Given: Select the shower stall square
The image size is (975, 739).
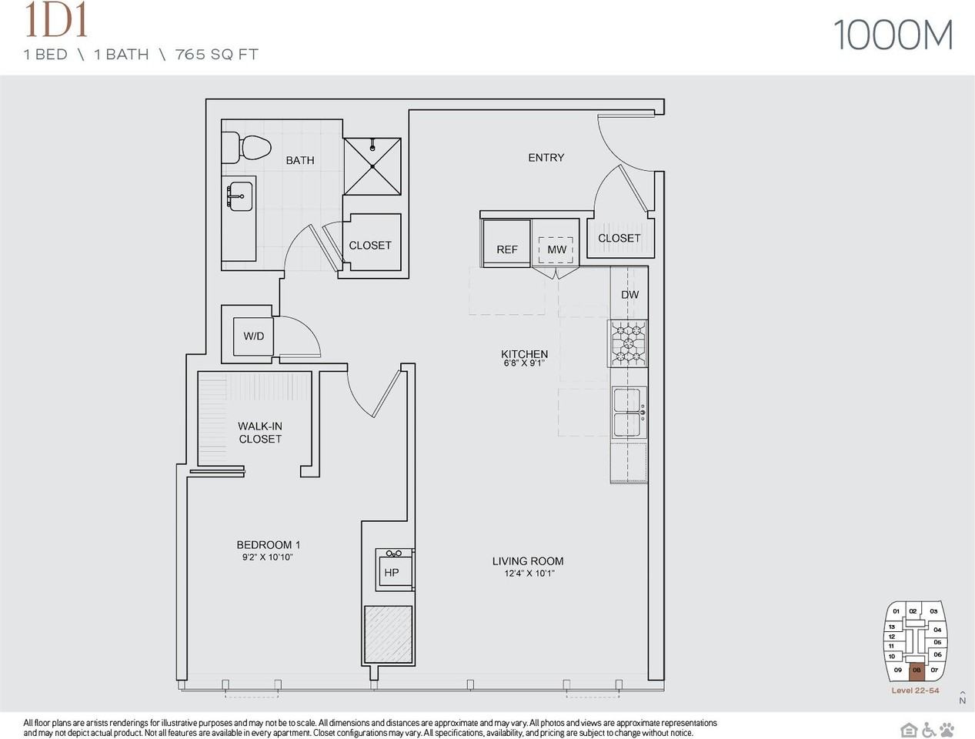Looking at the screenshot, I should pos(372,166).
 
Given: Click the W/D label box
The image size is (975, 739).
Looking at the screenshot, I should pos(254,336).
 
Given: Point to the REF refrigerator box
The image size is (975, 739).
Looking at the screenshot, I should pos(507,243).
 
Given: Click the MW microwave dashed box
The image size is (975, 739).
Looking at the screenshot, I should pos(556,249).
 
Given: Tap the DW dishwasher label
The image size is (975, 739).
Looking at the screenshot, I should pos(629,295).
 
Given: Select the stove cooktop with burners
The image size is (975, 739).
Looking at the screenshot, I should pos(629,343).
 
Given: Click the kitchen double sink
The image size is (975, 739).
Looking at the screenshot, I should pos(629,413).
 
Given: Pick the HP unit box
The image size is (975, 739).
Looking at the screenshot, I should pos(392,571).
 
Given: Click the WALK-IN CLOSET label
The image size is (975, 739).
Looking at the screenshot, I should pos(260,433).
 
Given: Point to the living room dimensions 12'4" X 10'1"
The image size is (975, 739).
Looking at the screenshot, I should pos(529,573).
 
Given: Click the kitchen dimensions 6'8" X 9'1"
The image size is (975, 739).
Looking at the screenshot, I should pos(525,363).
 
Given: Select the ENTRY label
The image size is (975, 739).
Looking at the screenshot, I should pos(546,158).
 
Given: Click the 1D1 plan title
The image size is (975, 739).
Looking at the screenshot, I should pos(56,21).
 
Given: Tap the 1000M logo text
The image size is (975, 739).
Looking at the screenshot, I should pos(893,35).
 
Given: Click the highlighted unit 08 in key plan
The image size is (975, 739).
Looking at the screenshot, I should pos(917,670).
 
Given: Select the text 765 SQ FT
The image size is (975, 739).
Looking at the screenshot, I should pos(217,55).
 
